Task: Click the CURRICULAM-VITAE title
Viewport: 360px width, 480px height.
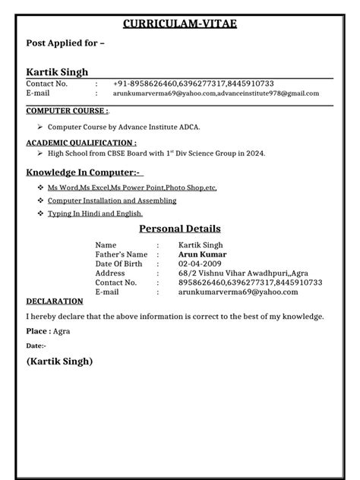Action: tap(180, 25)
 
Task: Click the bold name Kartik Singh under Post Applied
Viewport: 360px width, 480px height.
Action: tap(58, 71)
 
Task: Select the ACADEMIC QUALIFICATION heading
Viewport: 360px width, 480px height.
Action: tap(81, 142)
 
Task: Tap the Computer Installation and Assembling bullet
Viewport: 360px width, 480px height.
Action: tap(112, 201)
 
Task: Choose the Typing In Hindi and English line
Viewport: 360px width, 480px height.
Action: tap(95, 214)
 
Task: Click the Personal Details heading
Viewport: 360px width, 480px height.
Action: tap(180, 229)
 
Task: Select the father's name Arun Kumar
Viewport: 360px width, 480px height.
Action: tap(202, 254)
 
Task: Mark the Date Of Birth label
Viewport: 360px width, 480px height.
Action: tap(120, 264)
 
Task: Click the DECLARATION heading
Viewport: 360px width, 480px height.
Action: tap(55, 301)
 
